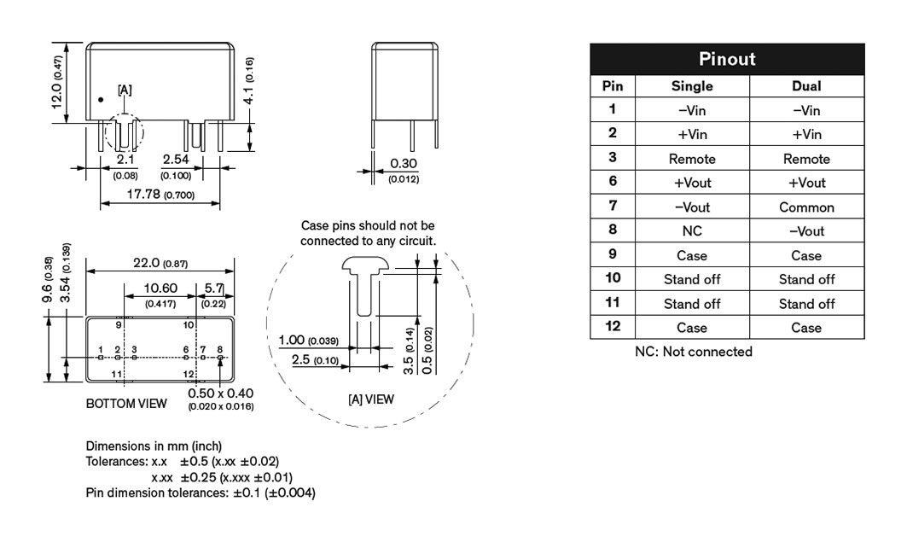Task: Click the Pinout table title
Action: click(x=727, y=59)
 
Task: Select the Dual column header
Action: click(x=806, y=86)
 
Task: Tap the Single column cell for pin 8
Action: click(x=692, y=230)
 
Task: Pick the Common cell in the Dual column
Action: click(x=806, y=207)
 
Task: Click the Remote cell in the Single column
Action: click(x=692, y=159)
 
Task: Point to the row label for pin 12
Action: click(x=613, y=326)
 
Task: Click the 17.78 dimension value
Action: click(x=142, y=194)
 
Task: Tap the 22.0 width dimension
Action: click(x=147, y=263)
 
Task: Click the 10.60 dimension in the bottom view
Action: click(x=160, y=288)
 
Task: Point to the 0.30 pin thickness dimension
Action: click(x=404, y=164)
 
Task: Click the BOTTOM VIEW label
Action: click(x=126, y=404)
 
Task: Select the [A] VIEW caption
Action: click(x=371, y=399)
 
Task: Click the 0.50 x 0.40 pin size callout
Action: click(x=220, y=393)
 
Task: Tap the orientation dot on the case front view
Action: click(x=101, y=100)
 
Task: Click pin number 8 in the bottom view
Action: click(x=220, y=349)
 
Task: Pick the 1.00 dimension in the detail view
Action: click(x=292, y=340)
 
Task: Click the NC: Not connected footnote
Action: click(x=693, y=352)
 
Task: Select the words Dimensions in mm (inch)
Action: click(x=154, y=446)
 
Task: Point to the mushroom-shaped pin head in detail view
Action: click(x=363, y=266)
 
